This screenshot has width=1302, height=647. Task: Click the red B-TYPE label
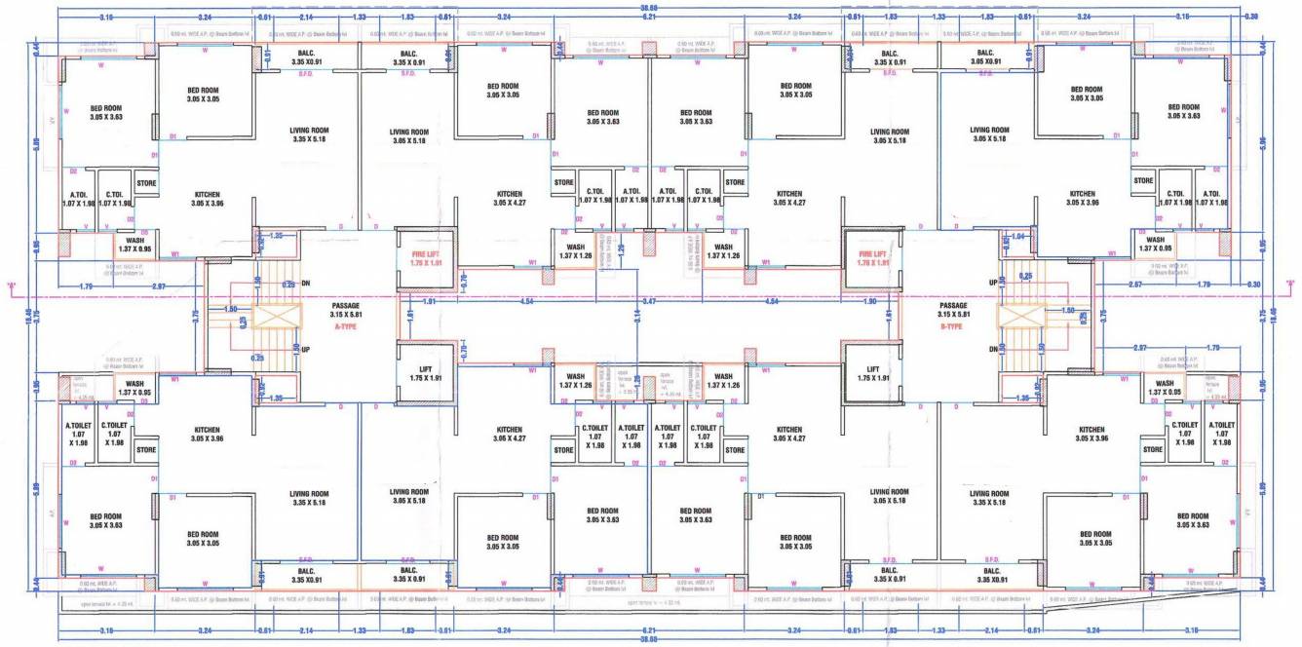pyautogui.click(x=952, y=327)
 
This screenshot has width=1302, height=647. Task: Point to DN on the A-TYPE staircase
pyautogui.click(x=306, y=284)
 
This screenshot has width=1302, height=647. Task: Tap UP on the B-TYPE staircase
pyautogui.click(x=993, y=284)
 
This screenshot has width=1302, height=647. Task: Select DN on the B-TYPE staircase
pyautogui.click(x=993, y=348)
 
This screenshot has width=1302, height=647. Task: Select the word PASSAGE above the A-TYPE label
pyautogui.click(x=346, y=306)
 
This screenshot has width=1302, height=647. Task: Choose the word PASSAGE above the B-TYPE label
pyautogui.click(x=953, y=306)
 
